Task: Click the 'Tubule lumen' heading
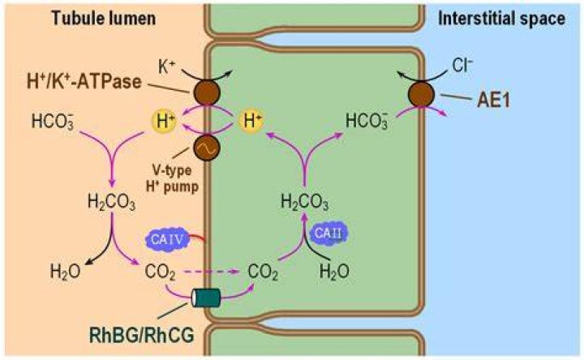pos(104,18)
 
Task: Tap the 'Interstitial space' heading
pos(501,19)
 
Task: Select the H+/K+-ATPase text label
pos(84,82)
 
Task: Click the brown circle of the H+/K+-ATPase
pos(207,92)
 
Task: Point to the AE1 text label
pos(493,101)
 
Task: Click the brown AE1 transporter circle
pos(421,94)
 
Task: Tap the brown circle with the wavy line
pos(207,148)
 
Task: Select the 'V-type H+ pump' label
pos(172,178)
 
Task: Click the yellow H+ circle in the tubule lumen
pos(164,121)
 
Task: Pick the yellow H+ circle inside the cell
pos(251,121)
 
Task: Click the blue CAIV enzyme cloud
pos(166,239)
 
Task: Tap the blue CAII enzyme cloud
pos(328,234)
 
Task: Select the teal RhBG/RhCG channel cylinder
pos(206,298)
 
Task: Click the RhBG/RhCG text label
pos(141,336)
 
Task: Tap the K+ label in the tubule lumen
pos(165,67)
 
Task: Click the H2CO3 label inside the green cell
pos(305,203)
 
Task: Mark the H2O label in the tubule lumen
pos(65,272)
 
